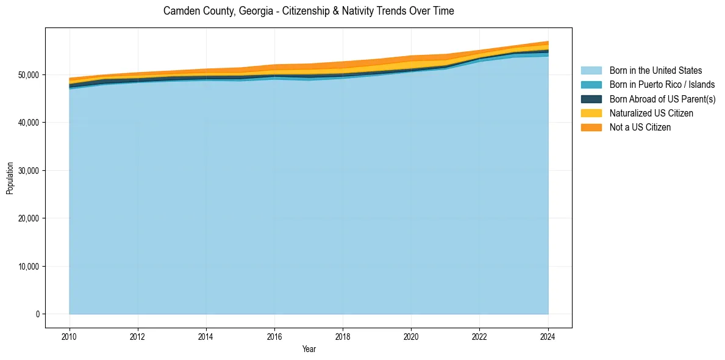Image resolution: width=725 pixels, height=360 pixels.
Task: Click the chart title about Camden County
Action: pos(309,11)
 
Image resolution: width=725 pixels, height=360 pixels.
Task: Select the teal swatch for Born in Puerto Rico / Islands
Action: pos(591,85)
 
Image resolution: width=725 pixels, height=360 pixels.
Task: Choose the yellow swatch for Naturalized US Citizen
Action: pos(591,113)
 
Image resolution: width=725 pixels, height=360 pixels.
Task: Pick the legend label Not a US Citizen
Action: pos(640,127)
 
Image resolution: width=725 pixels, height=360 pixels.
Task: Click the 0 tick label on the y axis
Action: pos(37,314)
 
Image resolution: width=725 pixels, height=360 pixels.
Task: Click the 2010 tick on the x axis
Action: pos(70,335)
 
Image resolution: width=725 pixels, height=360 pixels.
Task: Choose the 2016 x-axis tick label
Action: pos(274,335)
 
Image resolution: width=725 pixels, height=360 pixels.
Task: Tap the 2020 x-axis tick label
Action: pos(412,335)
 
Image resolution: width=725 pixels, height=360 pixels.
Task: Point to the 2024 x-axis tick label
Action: pos(548,335)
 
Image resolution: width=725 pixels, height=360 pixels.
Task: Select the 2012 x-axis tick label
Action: pos(138,335)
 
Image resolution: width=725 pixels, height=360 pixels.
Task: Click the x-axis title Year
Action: pos(309,349)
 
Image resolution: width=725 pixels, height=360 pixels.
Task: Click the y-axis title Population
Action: pos(10,178)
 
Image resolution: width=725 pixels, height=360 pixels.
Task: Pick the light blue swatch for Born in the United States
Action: pos(591,71)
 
